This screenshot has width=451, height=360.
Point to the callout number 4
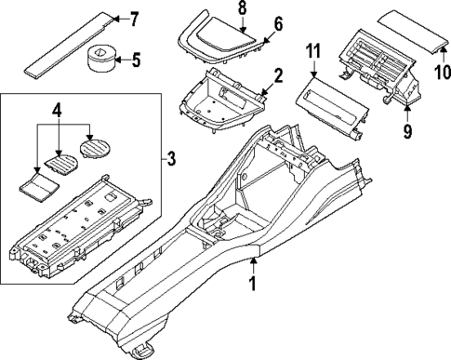point(58,113)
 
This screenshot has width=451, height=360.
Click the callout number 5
point(137,61)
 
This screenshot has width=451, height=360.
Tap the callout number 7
point(133,19)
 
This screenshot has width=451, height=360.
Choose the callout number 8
point(243,8)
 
